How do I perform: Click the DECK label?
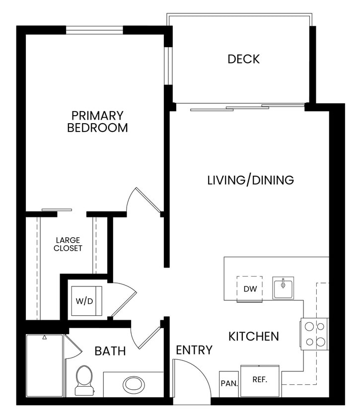click(243, 59)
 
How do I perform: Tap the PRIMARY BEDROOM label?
click(97, 122)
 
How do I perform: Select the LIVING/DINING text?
click(250, 180)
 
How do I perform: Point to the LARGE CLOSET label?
click(69, 244)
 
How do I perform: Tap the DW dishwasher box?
click(249, 288)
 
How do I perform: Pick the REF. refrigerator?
click(260, 381)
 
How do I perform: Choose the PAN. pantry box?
click(229, 384)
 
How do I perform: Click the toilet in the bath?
click(84, 380)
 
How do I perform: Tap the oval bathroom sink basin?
click(133, 384)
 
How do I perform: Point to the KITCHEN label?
click(253, 337)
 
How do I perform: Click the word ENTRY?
click(194, 350)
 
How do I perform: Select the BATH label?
click(110, 351)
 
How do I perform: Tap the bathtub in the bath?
click(45, 365)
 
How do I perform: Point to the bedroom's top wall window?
click(94, 30)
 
